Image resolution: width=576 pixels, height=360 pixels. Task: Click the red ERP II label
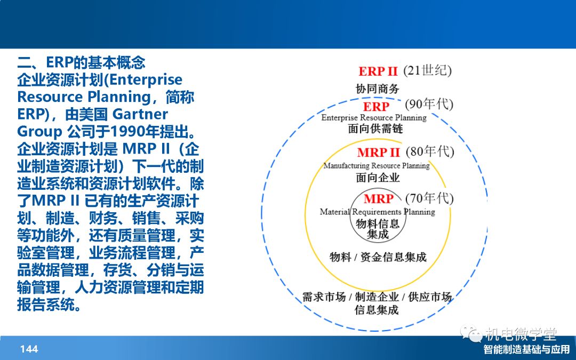pyautogui.click(x=378, y=71)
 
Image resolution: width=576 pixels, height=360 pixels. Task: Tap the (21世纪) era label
pyautogui.click(x=427, y=70)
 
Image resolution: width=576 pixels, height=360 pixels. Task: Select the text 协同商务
pyautogui.click(x=377, y=89)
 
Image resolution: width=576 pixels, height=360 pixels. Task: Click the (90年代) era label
pyautogui.click(x=429, y=105)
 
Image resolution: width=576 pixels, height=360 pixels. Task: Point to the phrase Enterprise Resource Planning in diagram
pyautogui.click(x=374, y=117)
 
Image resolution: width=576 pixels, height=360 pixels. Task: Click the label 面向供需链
pyautogui.click(x=375, y=129)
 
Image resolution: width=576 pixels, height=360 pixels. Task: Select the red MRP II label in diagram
pyautogui.click(x=378, y=152)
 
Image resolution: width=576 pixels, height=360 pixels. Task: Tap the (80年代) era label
pyautogui.click(x=430, y=151)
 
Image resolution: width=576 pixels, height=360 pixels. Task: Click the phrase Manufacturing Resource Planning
pyautogui.click(x=377, y=166)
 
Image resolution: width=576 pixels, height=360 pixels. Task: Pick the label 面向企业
pyautogui.click(x=378, y=178)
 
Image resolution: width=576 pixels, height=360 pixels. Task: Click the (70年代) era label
pyautogui.click(x=429, y=198)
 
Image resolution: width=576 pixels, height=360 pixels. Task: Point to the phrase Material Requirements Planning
pyautogui.click(x=377, y=212)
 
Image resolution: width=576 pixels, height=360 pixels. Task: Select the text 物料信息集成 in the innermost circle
pyautogui.click(x=378, y=229)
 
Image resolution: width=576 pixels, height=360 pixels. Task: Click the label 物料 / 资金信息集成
pyautogui.click(x=378, y=257)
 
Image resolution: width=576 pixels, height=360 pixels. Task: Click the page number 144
pyautogui.click(x=29, y=349)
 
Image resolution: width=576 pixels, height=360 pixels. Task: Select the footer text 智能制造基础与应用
pyautogui.click(x=526, y=349)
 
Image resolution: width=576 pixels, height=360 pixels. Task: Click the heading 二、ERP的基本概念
pyautogui.click(x=81, y=62)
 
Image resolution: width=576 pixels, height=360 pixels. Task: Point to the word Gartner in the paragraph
pyautogui.click(x=140, y=114)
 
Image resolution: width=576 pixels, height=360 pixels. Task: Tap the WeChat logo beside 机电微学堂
pyautogui.click(x=471, y=333)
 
